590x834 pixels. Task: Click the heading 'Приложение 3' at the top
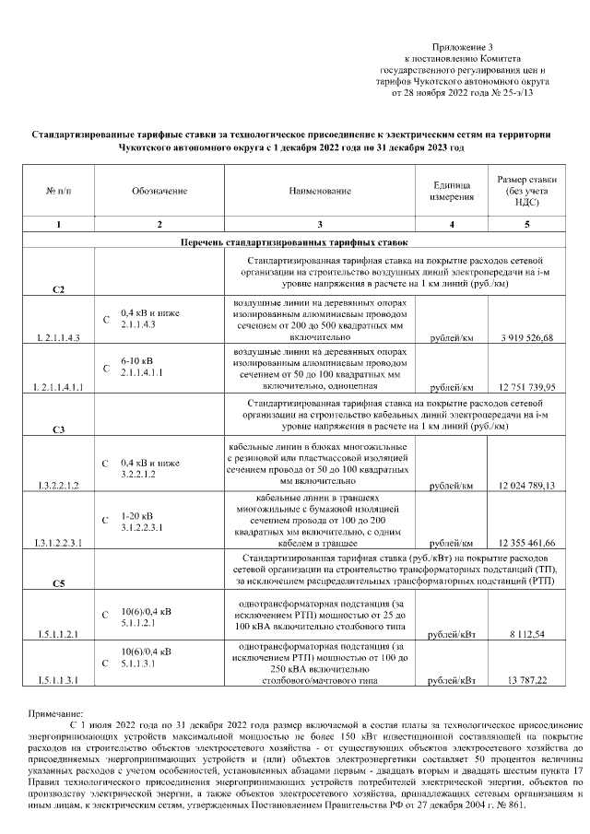coord(464,46)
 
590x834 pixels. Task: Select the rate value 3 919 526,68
coord(525,338)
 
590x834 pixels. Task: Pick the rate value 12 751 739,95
coord(525,387)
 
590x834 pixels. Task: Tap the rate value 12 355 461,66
coord(525,543)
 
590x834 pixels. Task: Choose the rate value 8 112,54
coord(525,635)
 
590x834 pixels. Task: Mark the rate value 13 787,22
coord(525,681)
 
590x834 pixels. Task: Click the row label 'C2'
coord(58,290)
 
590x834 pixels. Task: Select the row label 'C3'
coord(58,429)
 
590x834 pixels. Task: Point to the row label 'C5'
coord(58,583)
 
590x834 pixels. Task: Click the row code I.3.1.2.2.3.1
coord(58,544)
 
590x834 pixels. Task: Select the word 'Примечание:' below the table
coord(56,713)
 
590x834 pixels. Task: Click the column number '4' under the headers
coord(451,225)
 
